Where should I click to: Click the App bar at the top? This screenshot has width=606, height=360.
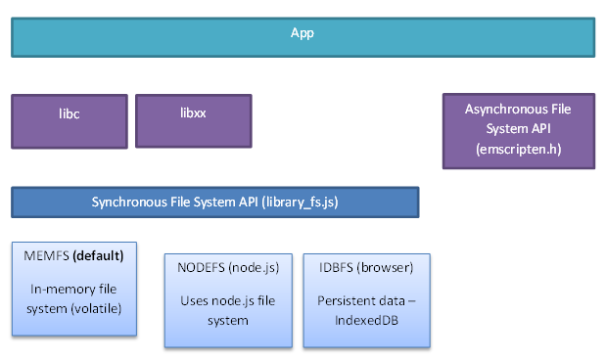pos(303,34)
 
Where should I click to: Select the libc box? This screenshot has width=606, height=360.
pos(69,121)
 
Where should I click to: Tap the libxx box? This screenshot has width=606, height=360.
pos(193,121)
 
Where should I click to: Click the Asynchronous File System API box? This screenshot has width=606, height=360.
pos(518,131)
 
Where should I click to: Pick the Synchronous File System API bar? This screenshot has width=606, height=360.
pos(214,202)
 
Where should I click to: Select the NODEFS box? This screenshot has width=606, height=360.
pos(228,298)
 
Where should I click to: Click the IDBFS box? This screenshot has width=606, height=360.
pos(365,298)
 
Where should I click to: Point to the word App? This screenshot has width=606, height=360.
pos(303,33)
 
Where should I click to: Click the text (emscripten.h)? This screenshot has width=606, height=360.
pos(518,150)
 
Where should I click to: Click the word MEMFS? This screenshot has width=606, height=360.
pos(43,256)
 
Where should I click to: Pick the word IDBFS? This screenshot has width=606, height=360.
pos(335,268)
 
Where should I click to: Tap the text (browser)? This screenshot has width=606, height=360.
pos(386,268)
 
